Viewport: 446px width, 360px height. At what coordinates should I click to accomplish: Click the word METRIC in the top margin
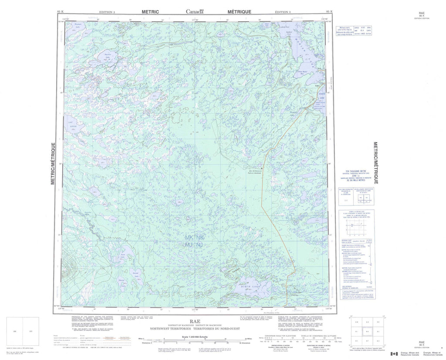[150, 12]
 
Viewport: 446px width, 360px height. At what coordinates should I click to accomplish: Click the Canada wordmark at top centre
[194, 12]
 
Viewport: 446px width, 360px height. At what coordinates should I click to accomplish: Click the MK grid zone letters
[188, 238]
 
